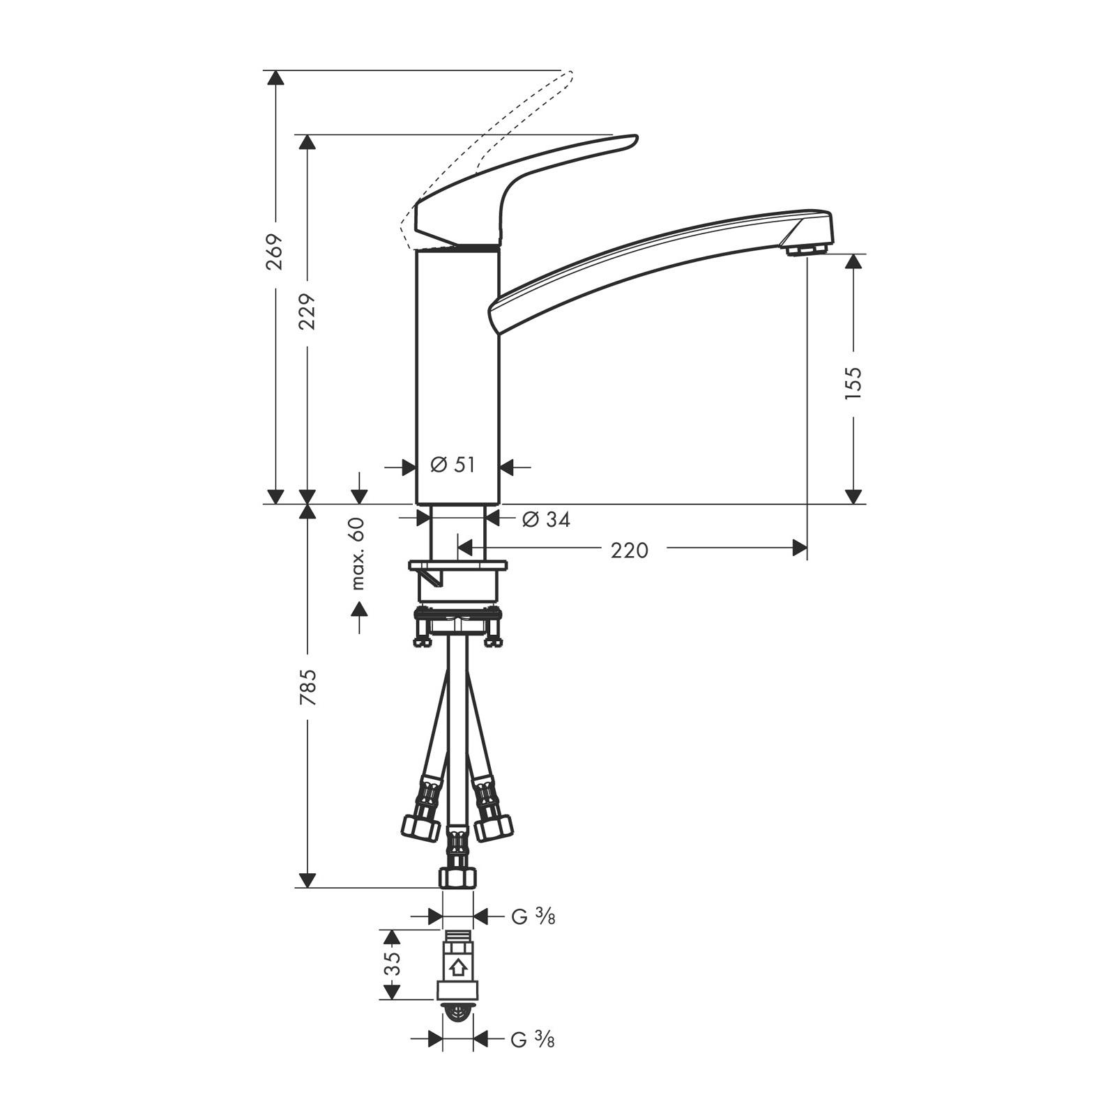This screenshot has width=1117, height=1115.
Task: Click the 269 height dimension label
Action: click(275, 252)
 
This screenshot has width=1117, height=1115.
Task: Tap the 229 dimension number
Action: click(307, 312)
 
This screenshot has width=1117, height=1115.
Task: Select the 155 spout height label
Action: click(853, 382)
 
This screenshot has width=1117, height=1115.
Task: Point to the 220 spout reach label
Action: click(629, 551)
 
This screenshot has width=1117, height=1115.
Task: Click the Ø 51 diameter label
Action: click(453, 465)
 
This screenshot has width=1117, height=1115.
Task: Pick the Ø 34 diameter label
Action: click(546, 520)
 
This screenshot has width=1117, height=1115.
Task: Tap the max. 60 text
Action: click(358, 553)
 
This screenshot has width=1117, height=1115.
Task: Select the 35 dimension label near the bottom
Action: click(393, 964)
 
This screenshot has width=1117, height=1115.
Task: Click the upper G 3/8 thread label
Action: click(533, 917)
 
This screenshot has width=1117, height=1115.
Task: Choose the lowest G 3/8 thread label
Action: click(533, 1040)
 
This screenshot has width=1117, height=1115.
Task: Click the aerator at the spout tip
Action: click(805, 249)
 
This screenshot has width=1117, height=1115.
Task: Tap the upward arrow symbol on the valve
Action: click(457, 967)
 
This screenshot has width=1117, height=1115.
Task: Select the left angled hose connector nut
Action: click(420, 828)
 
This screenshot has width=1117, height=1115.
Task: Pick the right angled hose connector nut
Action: click(493, 828)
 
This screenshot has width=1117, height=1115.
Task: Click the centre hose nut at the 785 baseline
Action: click(457, 877)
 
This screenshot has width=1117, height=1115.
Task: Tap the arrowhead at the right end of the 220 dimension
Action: click(800, 548)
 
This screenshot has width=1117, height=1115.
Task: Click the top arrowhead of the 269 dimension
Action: click(276, 77)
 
